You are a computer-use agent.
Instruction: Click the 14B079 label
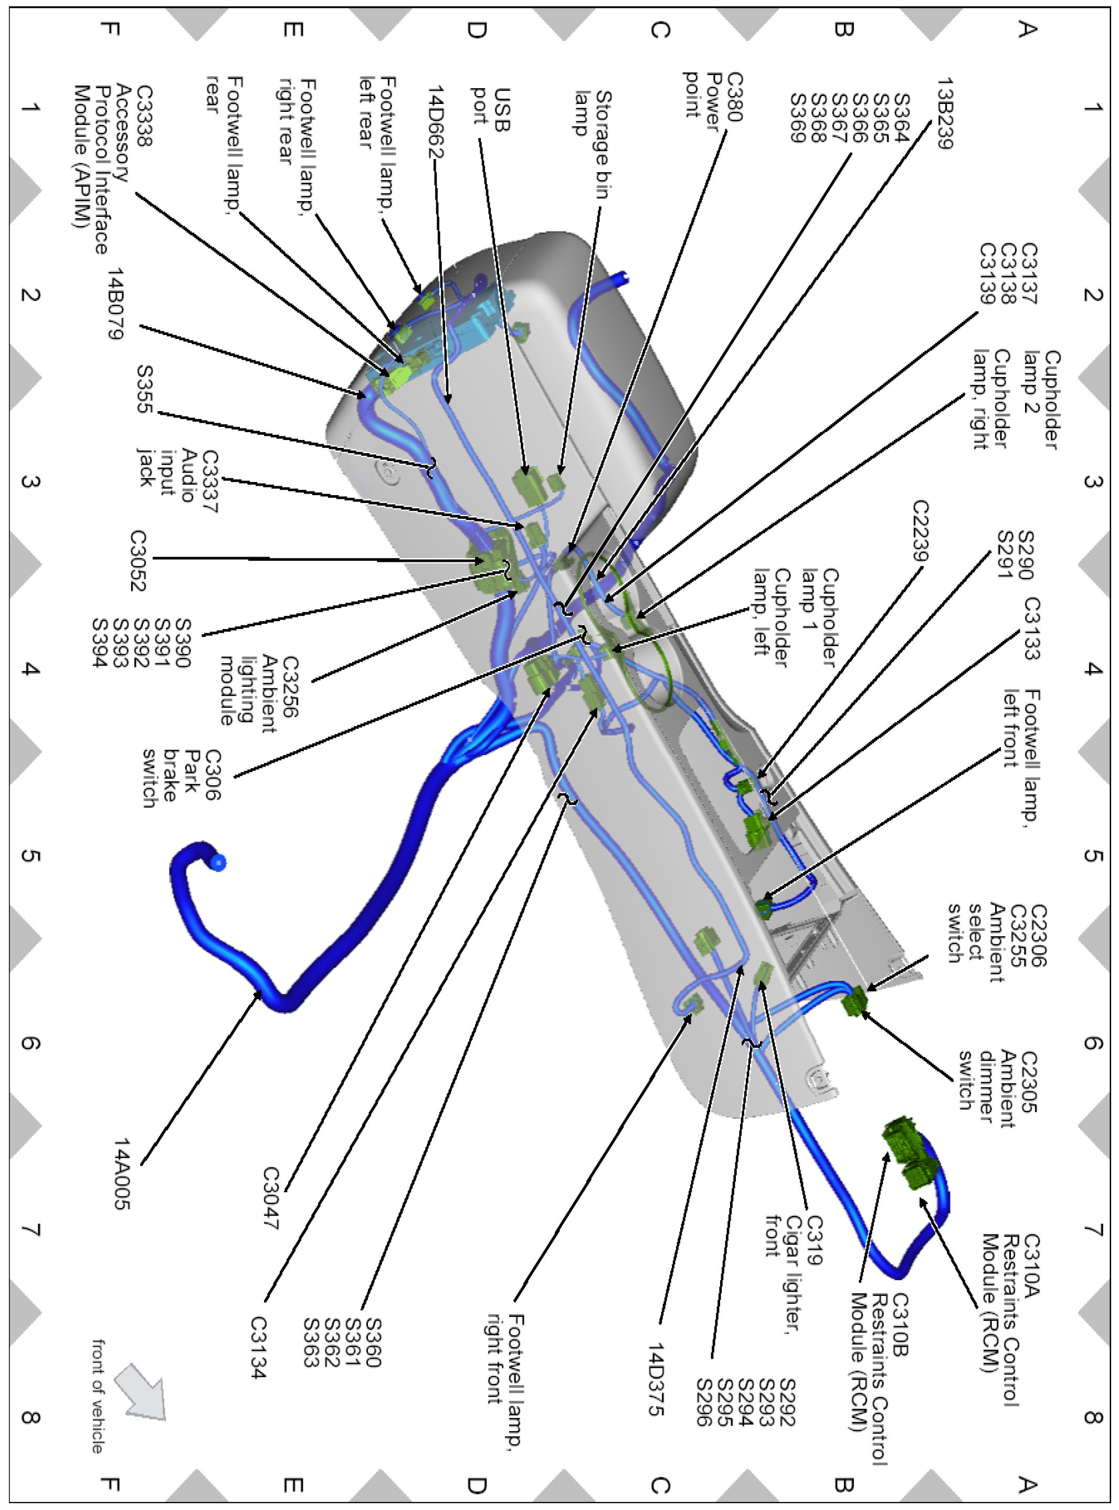(116, 303)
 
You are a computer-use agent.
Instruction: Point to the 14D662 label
(436, 122)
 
